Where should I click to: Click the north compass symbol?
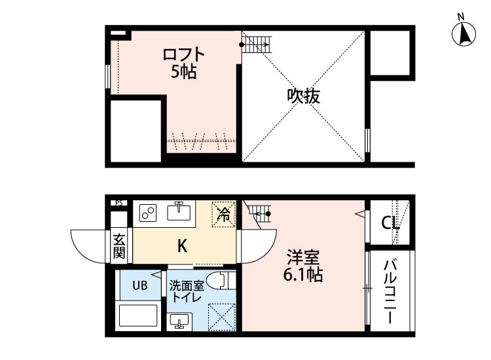pos(464,32)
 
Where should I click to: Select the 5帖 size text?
pos(184,72)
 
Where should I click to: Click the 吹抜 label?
pos(304,96)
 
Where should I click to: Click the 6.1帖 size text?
pos(303,275)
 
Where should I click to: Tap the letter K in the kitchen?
pos(183,246)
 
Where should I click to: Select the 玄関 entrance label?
pos(118,245)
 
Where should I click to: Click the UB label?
pos(140,285)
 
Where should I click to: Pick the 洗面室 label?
pos(187,285)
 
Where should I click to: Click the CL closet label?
pos(391,224)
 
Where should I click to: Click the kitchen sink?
pos(178,211)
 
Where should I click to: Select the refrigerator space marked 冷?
pos(223,213)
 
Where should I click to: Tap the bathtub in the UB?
pos(138,315)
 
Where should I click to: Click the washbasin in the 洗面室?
pos(179,321)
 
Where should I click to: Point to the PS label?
pos(118,203)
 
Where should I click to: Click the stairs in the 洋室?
pos(258,213)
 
